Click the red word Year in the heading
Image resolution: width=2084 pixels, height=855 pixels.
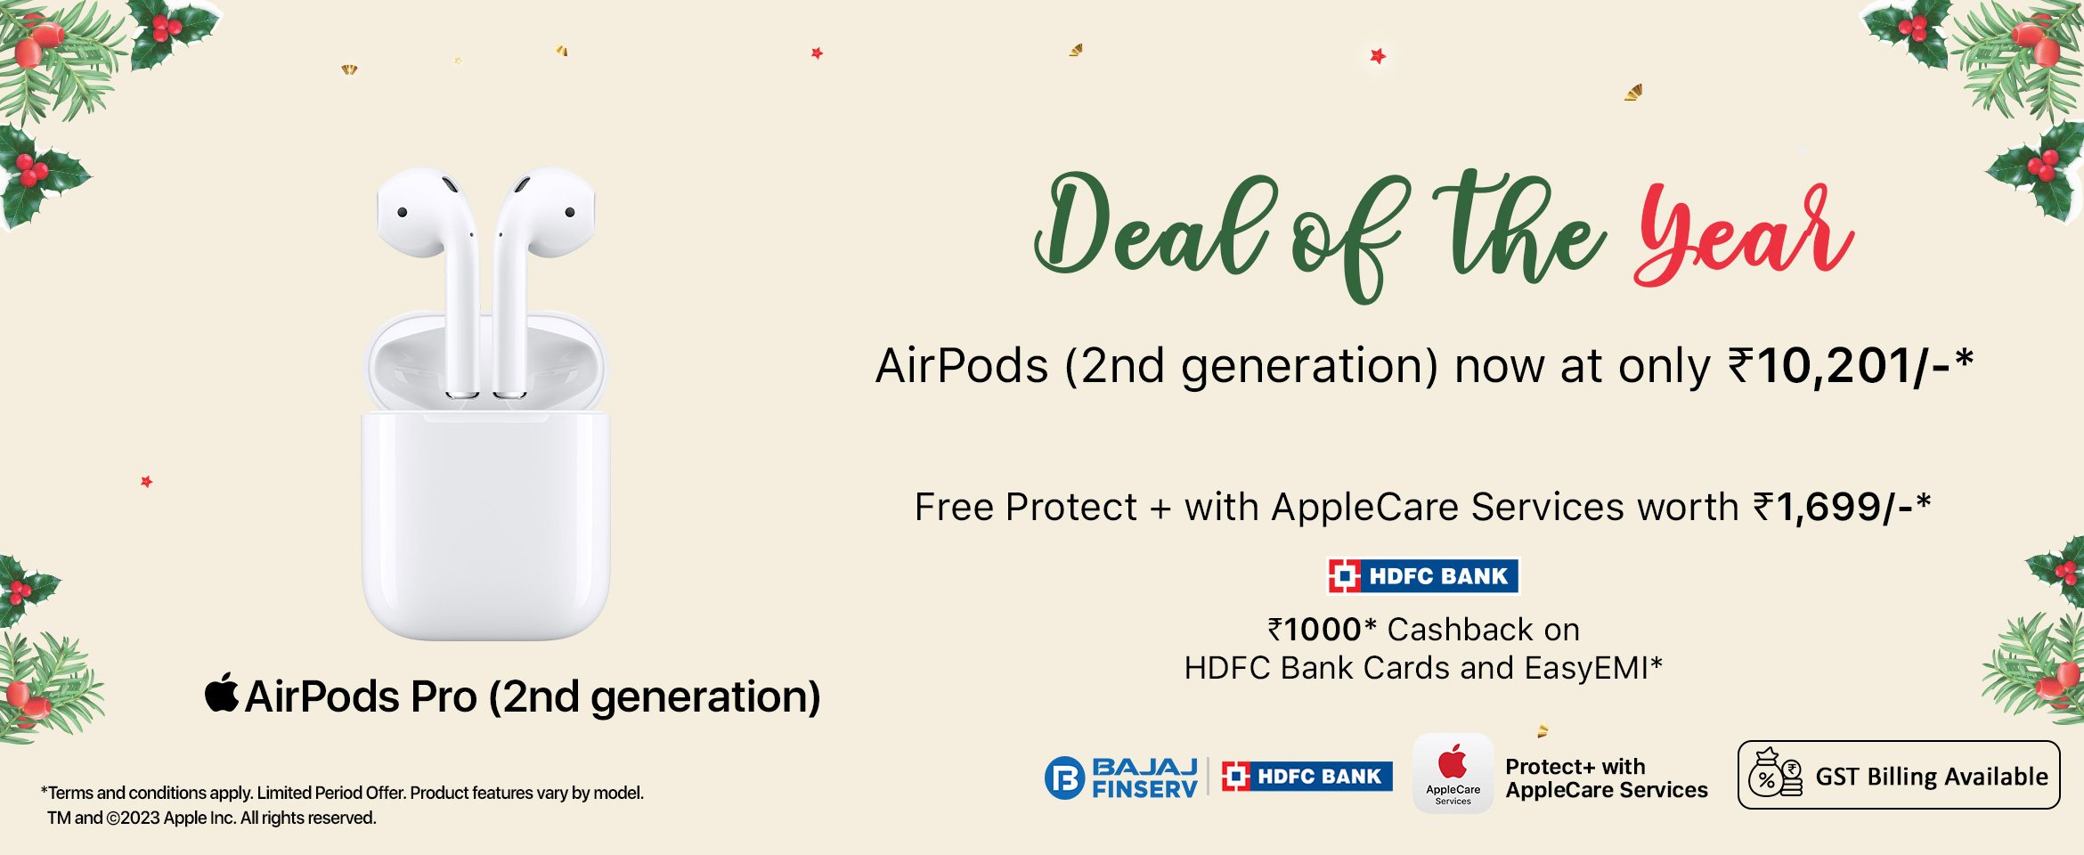pyautogui.click(x=1744, y=233)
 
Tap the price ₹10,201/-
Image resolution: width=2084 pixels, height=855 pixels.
pyautogui.click(x=1851, y=366)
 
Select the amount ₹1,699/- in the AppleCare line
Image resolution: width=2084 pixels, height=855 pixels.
pyautogui.click(x=1842, y=508)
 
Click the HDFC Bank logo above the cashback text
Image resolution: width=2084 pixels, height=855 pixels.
pyautogui.click(x=1423, y=576)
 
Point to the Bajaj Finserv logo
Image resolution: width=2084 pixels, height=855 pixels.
pyautogui.click(x=1121, y=778)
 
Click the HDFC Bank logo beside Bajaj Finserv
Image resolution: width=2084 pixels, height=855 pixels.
pyautogui.click(x=1307, y=777)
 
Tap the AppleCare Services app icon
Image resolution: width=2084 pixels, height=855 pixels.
pyautogui.click(x=1453, y=773)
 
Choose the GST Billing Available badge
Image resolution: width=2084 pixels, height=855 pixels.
pyautogui.click(x=1899, y=775)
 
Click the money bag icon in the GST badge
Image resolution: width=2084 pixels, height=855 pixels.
pyautogui.click(x=1775, y=774)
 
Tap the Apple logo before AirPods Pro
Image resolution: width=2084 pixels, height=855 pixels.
pyautogui.click(x=222, y=693)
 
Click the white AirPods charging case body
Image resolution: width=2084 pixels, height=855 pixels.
pyautogui.click(x=486, y=525)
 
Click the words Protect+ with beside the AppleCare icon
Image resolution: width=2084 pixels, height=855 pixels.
pyautogui.click(x=1575, y=767)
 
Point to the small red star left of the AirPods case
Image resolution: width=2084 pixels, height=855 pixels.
pyautogui.click(x=147, y=482)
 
